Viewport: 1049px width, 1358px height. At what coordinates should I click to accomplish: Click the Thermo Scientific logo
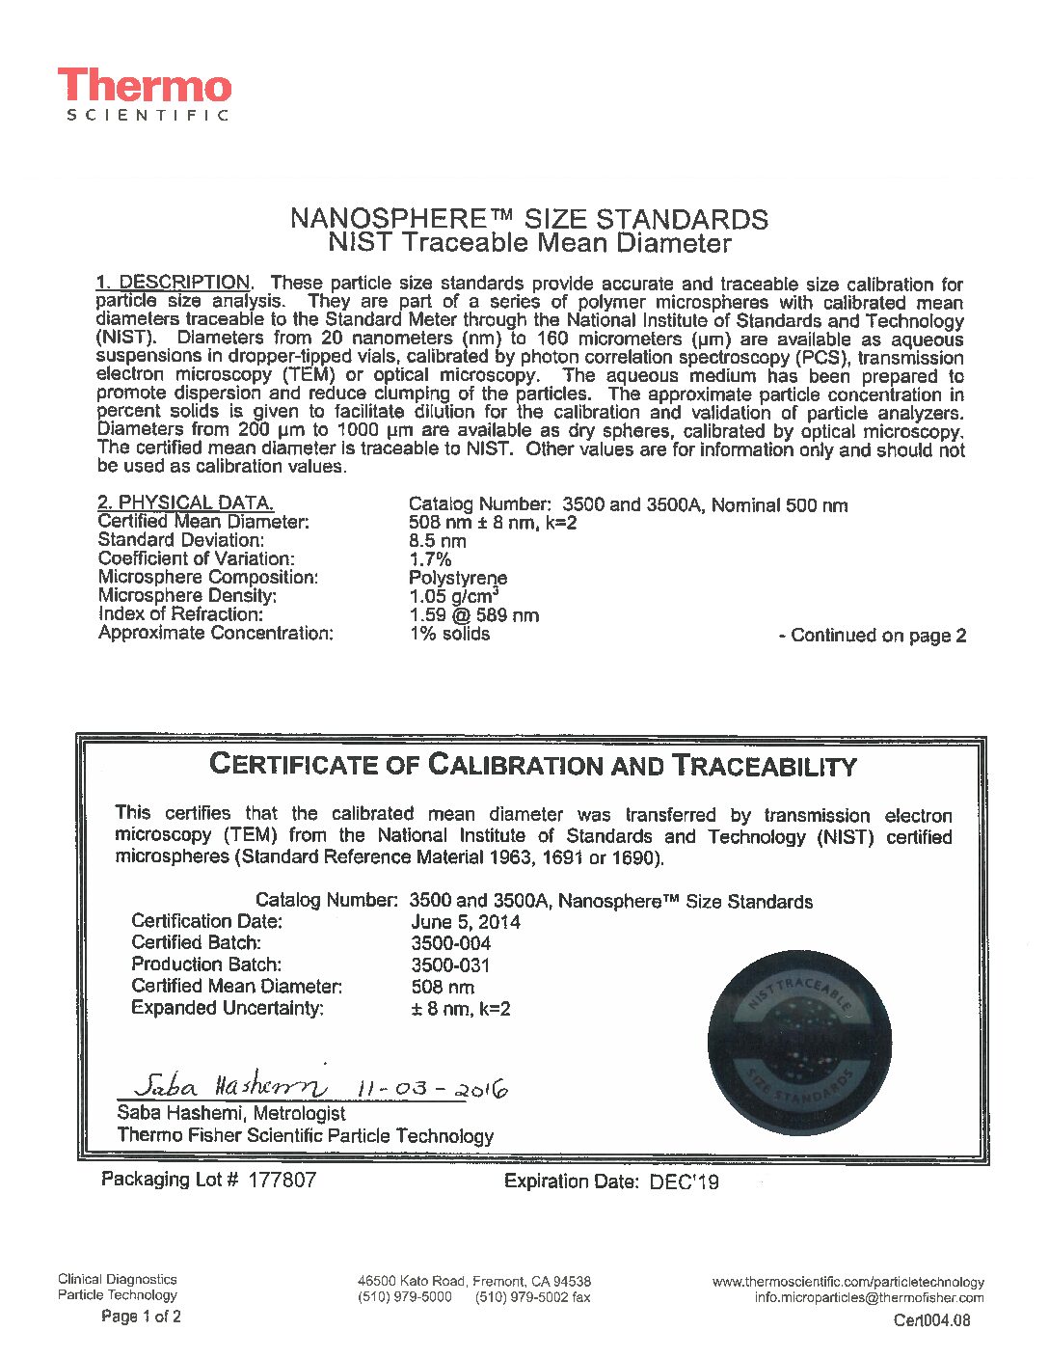pyautogui.click(x=145, y=95)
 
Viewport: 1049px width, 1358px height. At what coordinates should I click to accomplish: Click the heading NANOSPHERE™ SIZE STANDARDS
pyautogui.click(x=528, y=218)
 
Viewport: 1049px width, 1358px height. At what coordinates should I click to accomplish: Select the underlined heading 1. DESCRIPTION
pyautogui.click(x=174, y=283)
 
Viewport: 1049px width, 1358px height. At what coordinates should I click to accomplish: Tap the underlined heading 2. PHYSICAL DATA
pyautogui.click(x=186, y=502)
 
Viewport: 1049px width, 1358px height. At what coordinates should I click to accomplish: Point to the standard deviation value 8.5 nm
pyautogui.click(x=438, y=541)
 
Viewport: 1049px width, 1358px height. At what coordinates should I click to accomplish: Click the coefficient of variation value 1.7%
pyautogui.click(x=430, y=559)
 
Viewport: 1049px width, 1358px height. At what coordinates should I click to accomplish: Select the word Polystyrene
pyautogui.click(x=458, y=578)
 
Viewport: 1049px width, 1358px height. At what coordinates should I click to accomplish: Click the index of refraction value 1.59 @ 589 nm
pyautogui.click(x=474, y=615)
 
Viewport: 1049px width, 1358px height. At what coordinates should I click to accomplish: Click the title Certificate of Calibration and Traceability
pyautogui.click(x=532, y=766)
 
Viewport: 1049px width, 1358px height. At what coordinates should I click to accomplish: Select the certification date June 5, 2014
pyautogui.click(x=466, y=922)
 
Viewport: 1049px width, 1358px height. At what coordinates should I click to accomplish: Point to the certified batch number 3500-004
pyautogui.click(x=451, y=943)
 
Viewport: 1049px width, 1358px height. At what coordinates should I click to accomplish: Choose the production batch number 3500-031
pyautogui.click(x=451, y=964)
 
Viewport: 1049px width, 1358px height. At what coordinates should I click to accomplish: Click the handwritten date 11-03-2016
pyautogui.click(x=432, y=1089)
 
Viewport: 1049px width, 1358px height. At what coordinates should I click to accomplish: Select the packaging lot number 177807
pyautogui.click(x=282, y=1180)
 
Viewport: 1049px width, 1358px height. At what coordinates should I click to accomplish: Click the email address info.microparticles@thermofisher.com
pyautogui.click(x=869, y=1298)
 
